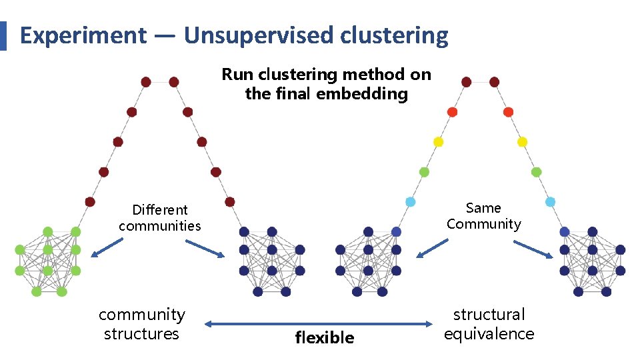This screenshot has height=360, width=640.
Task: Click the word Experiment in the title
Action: click(x=83, y=35)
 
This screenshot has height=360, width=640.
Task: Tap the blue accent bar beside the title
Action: click(x=3, y=35)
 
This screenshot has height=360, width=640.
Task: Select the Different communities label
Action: click(x=160, y=218)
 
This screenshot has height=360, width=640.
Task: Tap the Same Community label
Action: click(x=483, y=216)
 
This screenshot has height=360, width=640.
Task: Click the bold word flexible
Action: click(x=325, y=338)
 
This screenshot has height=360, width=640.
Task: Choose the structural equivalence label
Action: click(x=489, y=324)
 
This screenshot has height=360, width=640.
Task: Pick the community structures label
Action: click(x=141, y=324)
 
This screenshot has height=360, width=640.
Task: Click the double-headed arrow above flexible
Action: click(x=319, y=324)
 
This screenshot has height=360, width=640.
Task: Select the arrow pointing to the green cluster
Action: click(x=107, y=248)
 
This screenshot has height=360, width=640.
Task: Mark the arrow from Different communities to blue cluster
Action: click(x=207, y=249)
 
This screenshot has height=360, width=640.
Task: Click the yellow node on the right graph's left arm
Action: click(x=438, y=142)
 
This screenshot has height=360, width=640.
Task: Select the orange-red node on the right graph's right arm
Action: click(x=508, y=112)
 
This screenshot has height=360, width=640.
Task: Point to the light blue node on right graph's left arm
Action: click(x=410, y=201)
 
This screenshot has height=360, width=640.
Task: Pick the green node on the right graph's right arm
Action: click(x=536, y=172)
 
